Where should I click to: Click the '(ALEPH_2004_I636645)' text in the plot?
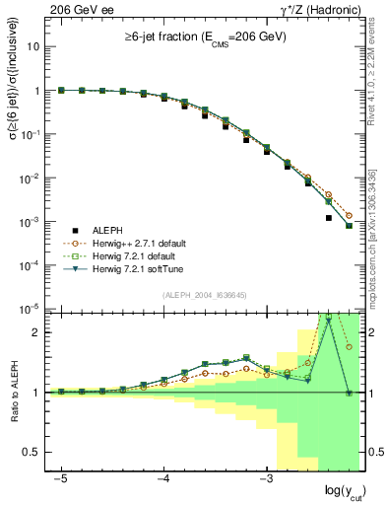coord(205,296)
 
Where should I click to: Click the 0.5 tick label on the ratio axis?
coord(32,452)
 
